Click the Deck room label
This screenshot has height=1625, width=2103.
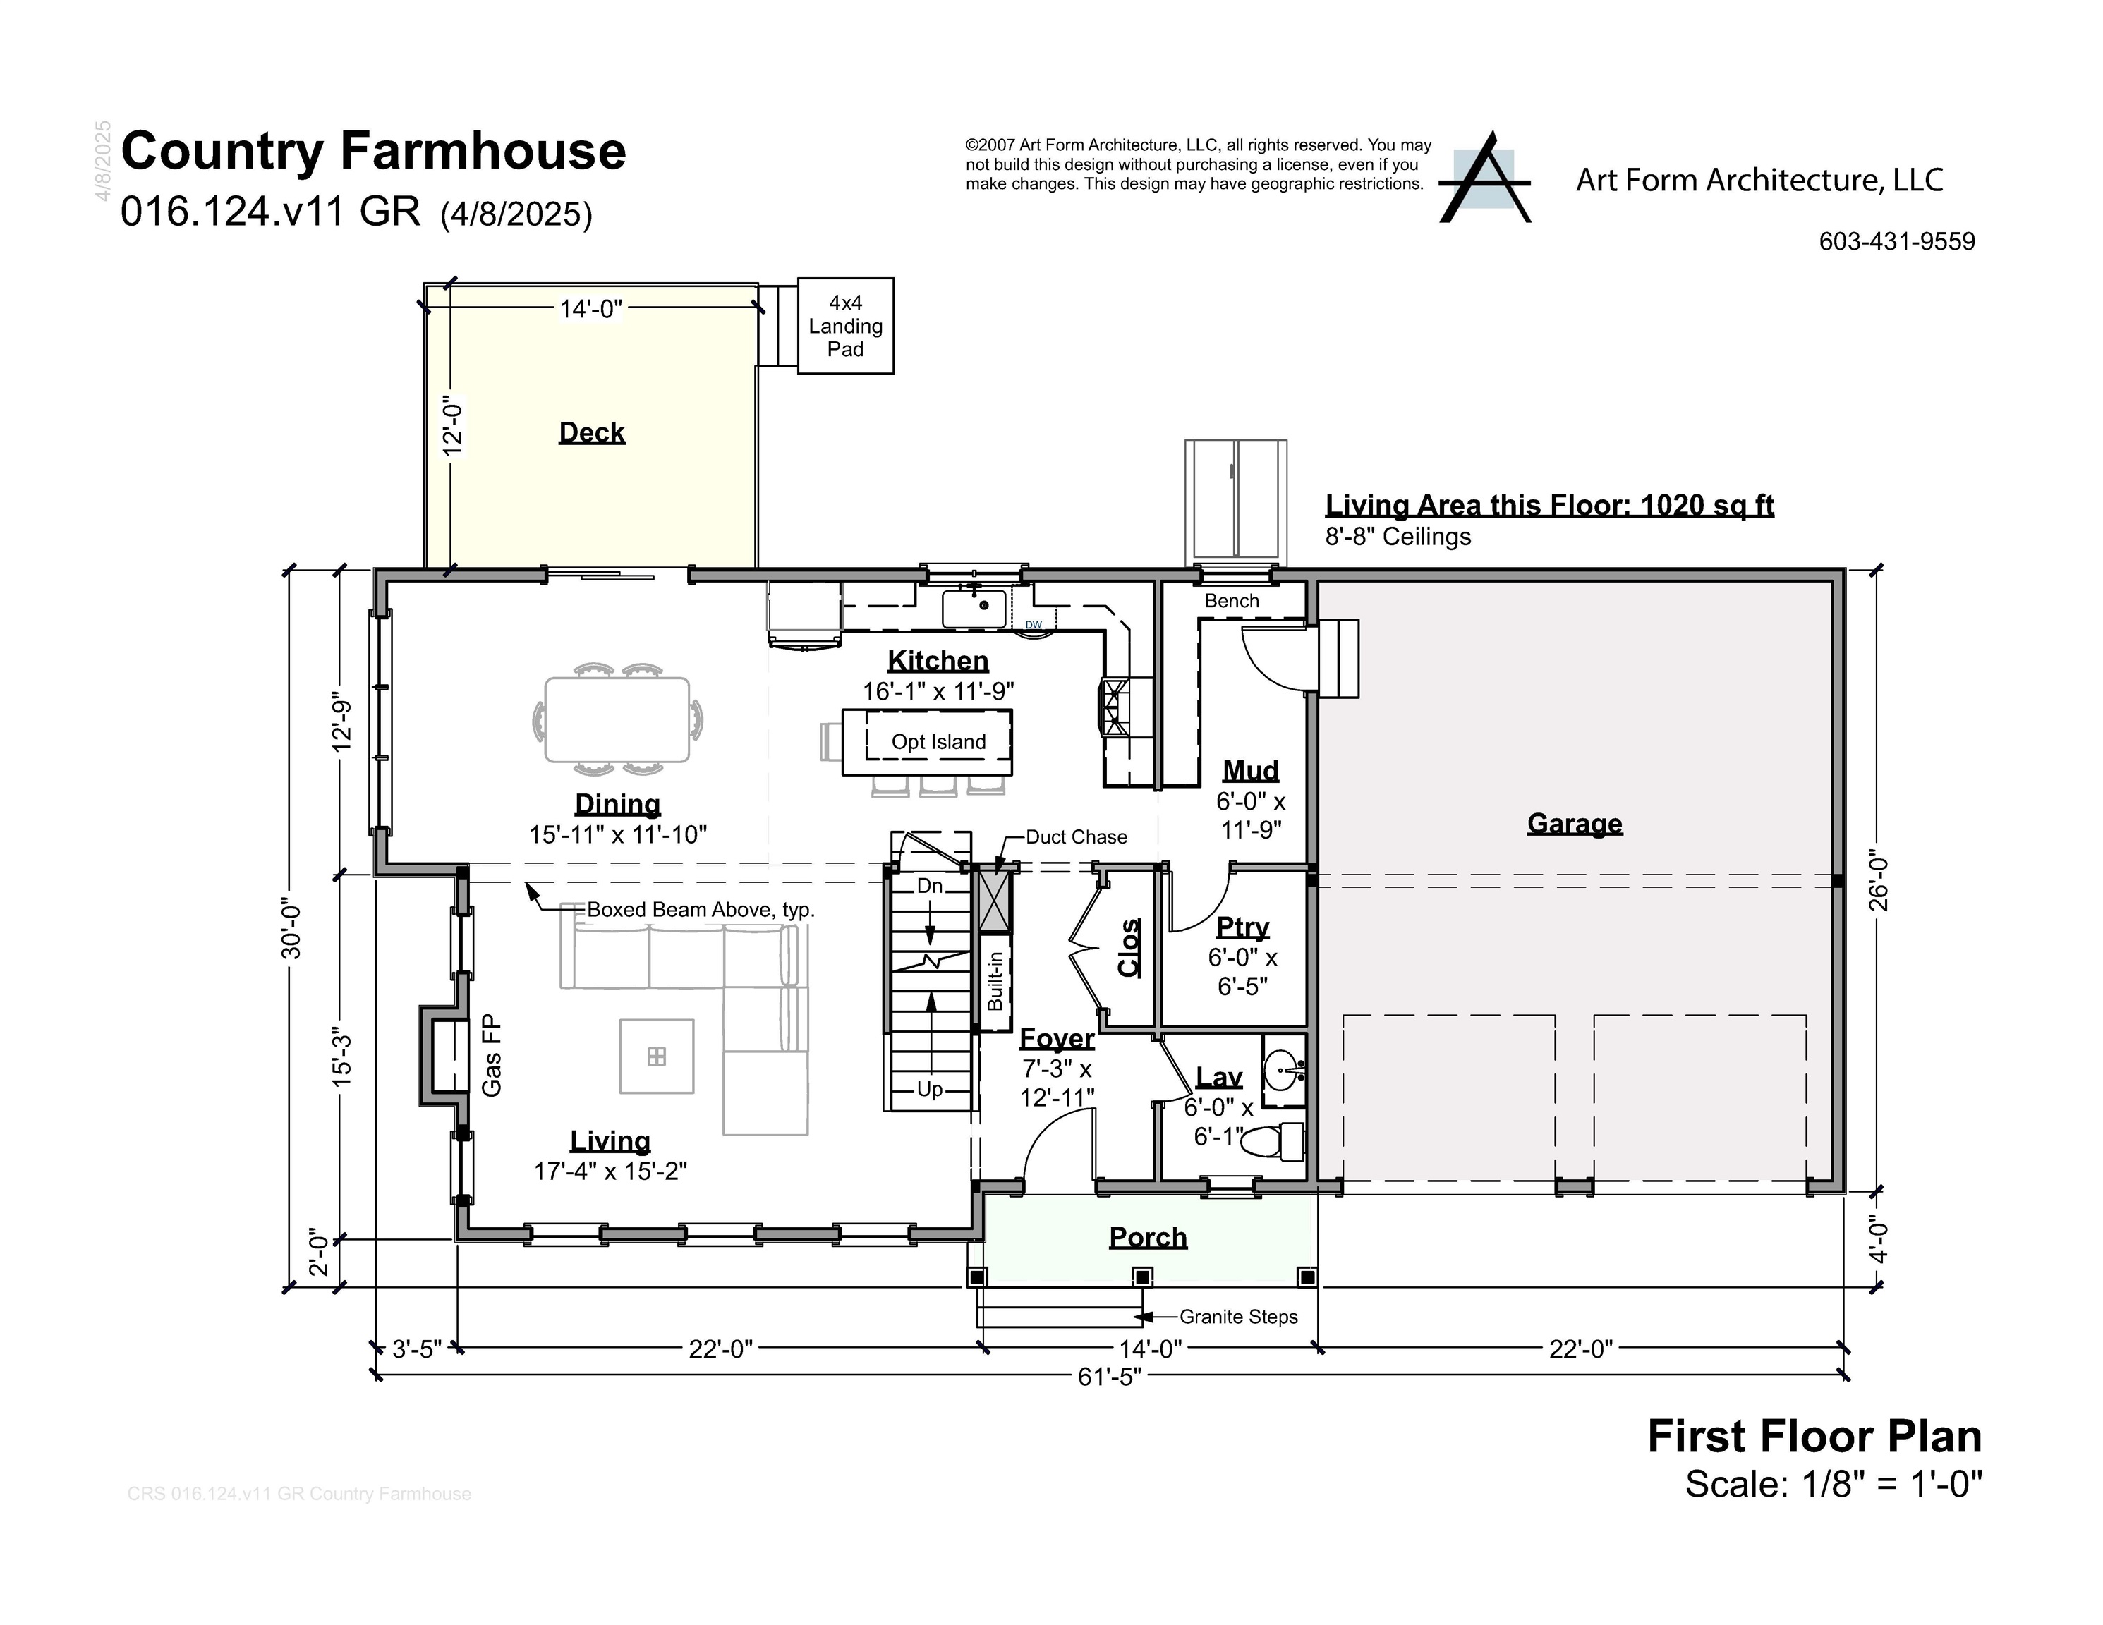[x=591, y=432]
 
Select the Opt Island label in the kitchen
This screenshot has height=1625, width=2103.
[x=938, y=741]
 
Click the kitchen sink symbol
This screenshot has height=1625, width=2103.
[x=974, y=607]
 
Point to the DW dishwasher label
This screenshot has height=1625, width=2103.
[x=1034, y=625]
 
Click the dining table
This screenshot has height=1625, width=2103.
[x=617, y=719]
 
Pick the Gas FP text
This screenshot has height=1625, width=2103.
[x=492, y=1055]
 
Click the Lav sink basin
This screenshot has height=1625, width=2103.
[x=1283, y=1069]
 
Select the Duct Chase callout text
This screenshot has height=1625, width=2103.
[x=1076, y=836]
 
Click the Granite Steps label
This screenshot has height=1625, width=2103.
[x=1237, y=1316]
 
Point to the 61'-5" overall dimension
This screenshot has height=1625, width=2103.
[x=1109, y=1377]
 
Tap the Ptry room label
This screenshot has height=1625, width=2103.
[x=1242, y=926]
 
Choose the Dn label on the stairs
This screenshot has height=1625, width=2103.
[x=929, y=886]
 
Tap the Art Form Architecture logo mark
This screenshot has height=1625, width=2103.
[x=1484, y=179]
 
